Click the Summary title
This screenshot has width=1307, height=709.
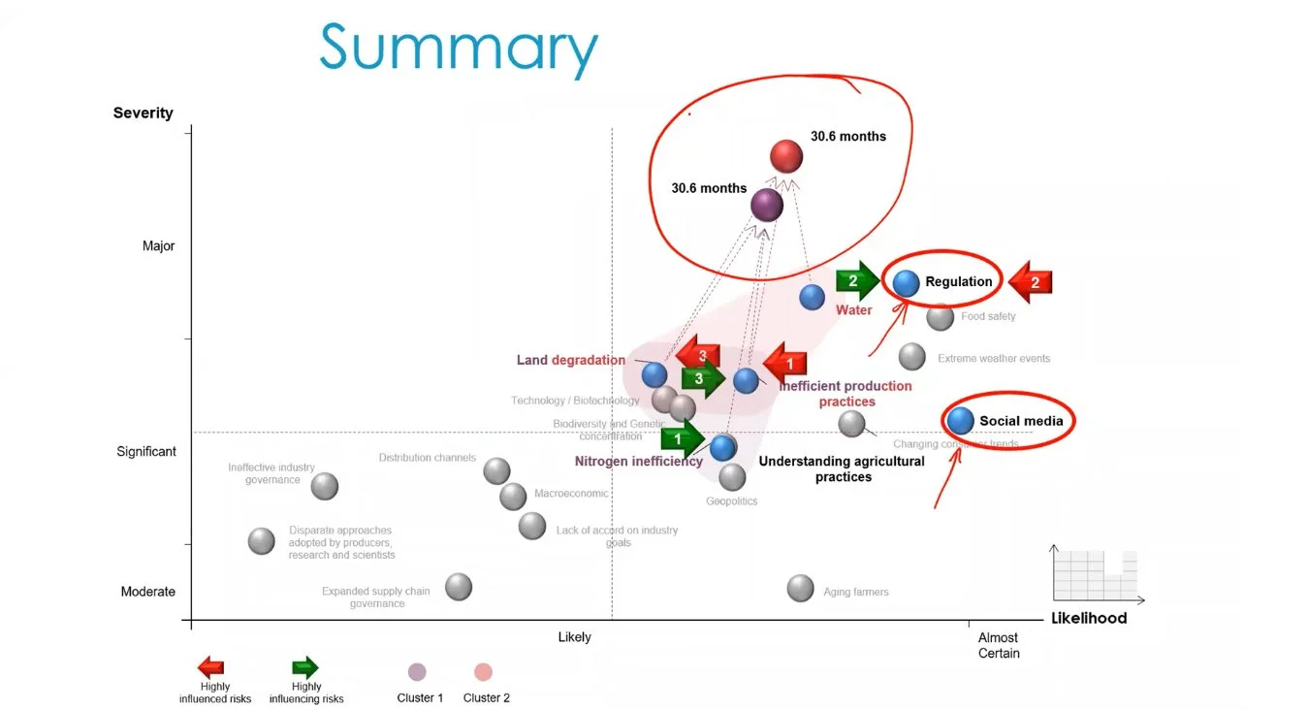pyautogui.click(x=459, y=48)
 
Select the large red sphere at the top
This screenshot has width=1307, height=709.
pyautogui.click(x=786, y=155)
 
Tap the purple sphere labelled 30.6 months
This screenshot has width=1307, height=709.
pyautogui.click(x=767, y=205)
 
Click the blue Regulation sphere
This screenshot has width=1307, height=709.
pyautogui.click(x=907, y=283)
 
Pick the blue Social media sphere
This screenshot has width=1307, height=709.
pyautogui.click(x=960, y=420)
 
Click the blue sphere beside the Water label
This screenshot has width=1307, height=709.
pyautogui.click(x=813, y=297)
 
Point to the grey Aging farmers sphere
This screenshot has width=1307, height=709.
pyautogui.click(x=800, y=588)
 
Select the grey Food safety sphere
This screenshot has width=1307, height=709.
pyautogui.click(x=940, y=316)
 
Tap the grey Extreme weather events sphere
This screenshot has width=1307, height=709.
pyautogui.click(x=911, y=356)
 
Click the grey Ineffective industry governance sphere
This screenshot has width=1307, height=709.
pyautogui.click(x=325, y=486)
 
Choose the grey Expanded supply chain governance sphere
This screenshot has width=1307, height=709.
pyautogui.click(x=459, y=586)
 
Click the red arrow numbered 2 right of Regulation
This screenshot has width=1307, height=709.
pyautogui.click(x=1030, y=282)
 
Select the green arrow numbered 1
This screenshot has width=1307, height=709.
pyautogui.click(x=683, y=439)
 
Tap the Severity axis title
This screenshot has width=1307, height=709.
pyautogui.click(x=143, y=113)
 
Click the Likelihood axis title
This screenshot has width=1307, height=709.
pyautogui.click(x=1089, y=618)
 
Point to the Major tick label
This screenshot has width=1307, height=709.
pyautogui.click(x=159, y=246)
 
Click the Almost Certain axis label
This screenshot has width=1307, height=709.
pyautogui.click(x=998, y=645)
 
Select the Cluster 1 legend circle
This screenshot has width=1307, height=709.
pyautogui.click(x=417, y=672)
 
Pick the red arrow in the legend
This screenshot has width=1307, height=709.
pyautogui.click(x=210, y=667)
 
